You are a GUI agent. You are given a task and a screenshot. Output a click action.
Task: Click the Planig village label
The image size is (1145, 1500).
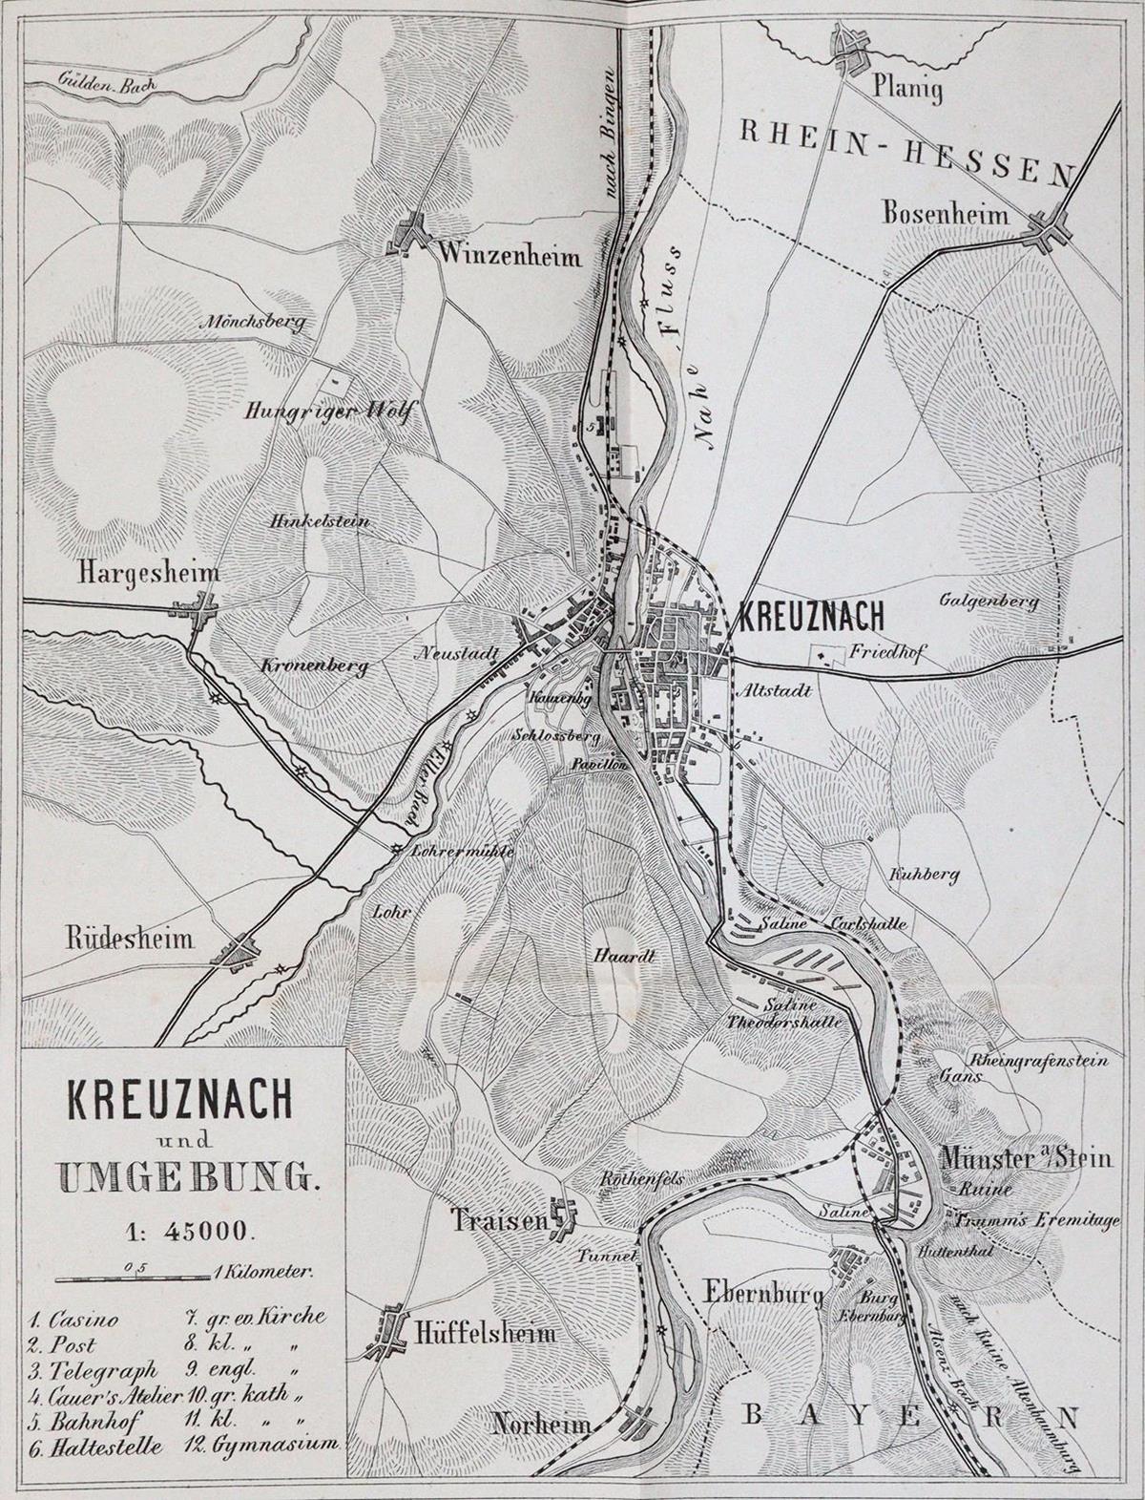click(907, 90)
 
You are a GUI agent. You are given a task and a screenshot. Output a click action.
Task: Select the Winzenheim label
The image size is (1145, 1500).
click(510, 255)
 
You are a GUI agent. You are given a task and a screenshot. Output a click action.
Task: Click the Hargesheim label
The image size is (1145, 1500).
click(148, 573)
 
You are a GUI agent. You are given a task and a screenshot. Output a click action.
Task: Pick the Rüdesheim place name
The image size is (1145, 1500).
click(130, 939)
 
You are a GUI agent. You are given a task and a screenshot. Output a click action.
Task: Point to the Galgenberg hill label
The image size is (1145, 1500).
click(989, 602)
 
